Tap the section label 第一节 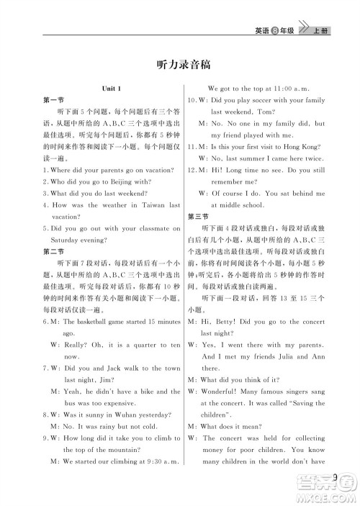pyautogui.click(x=52, y=100)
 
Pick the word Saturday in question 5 pyautogui.click(x=66, y=239)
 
